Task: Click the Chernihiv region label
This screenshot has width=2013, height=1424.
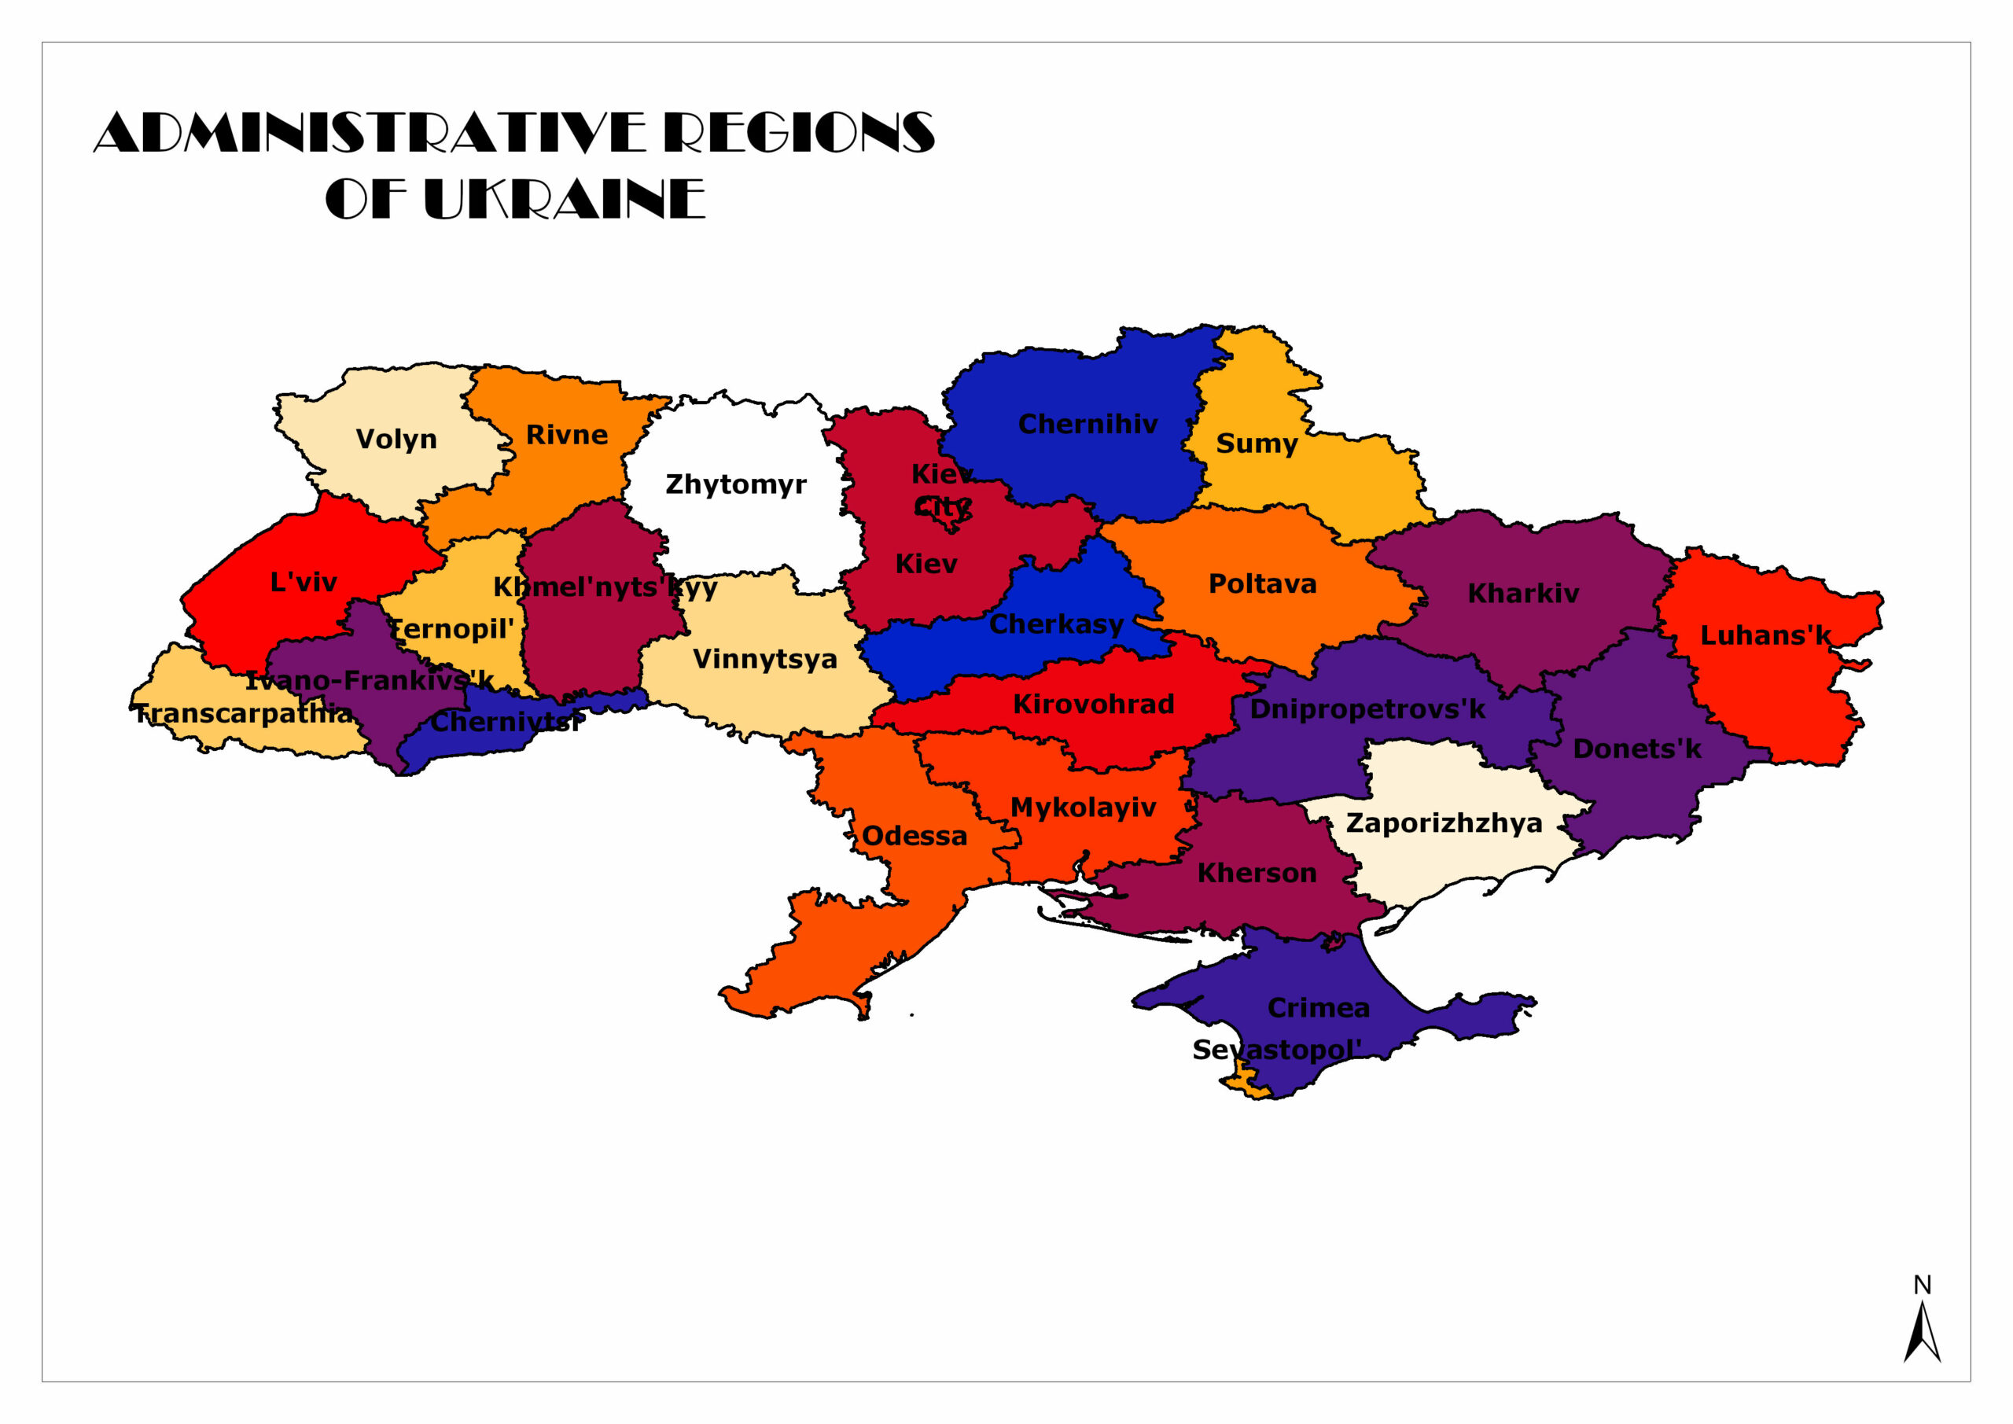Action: pyautogui.click(x=1088, y=425)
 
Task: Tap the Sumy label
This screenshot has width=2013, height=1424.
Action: pyautogui.click(x=1257, y=443)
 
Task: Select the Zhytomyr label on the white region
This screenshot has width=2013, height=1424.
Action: pyautogui.click(x=735, y=484)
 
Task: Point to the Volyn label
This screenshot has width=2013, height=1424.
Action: pyautogui.click(x=396, y=439)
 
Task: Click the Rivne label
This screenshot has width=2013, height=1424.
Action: pyautogui.click(x=566, y=435)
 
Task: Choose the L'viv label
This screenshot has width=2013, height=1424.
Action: pyautogui.click(x=304, y=581)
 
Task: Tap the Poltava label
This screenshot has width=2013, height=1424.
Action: pyautogui.click(x=1263, y=584)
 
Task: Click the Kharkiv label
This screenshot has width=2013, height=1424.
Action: pyautogui.click(x=1523, y=594)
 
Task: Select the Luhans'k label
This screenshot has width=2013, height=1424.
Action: pyautogui.click(x=1765, y=635)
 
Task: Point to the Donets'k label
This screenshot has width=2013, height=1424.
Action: pyautogui.click(x=1636, y=749)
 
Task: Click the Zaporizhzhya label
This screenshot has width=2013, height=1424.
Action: pyautogui.click(x=1444, y=823)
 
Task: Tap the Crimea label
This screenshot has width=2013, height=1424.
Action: pyautogui.click(x=1319, y=1008)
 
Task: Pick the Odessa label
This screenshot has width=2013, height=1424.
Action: pyautogui.click(x=914, y=836)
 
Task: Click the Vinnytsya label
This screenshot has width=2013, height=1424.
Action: pyautogui.click(x=764, y=660)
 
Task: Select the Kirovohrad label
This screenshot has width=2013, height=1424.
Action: pyautogui.click(x=1093, y=704)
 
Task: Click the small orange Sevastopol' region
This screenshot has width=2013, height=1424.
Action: pyautogui.click(x=1244, y=1083)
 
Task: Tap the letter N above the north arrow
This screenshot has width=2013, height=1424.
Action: pyautogui.click(x=1922, y=1286)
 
